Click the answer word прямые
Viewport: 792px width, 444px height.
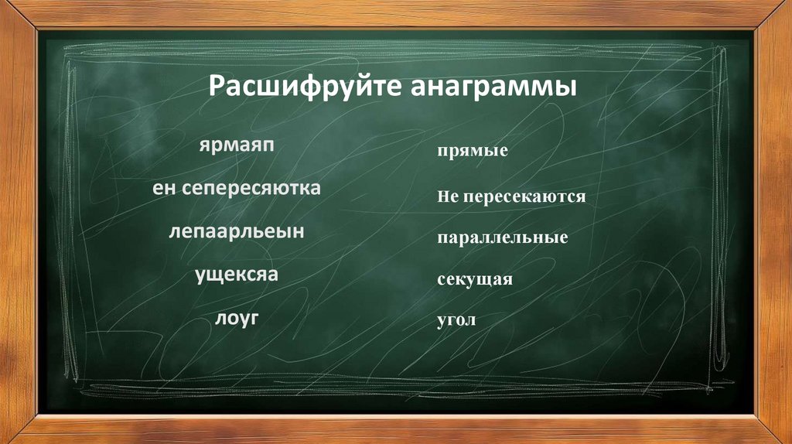pyautogui.click(x=472, y=151)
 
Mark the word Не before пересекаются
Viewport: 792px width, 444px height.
pyautogui.click(x=448, y=197)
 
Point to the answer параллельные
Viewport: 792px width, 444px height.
pyautogui.click(x=502, y=237)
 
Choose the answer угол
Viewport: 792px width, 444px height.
pyautogui.click(x=456, y=319)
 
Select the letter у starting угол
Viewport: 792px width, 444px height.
pyautogui.click(x=441, y=320)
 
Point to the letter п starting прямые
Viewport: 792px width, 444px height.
pyautogui.click(x=441, y=151)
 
